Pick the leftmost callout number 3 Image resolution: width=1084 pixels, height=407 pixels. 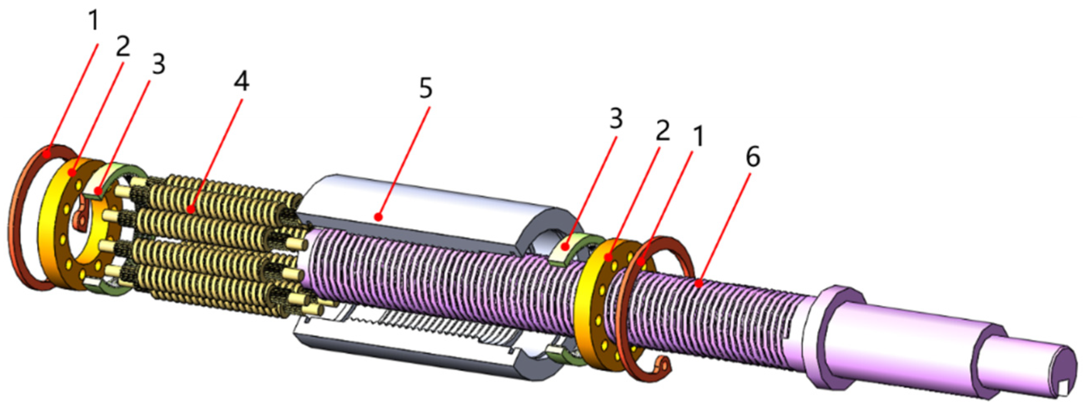pos(158,66)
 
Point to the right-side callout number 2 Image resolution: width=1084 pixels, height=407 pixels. pos(662,132)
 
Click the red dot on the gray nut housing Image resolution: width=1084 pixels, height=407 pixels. pos(379,217)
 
